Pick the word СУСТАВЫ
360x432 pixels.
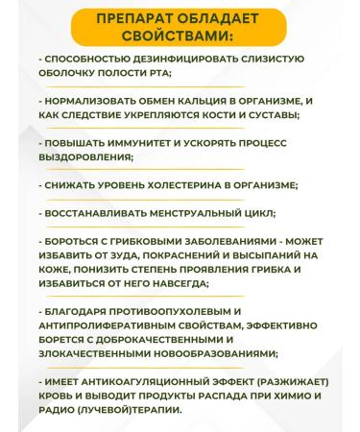[x=245, y=116]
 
